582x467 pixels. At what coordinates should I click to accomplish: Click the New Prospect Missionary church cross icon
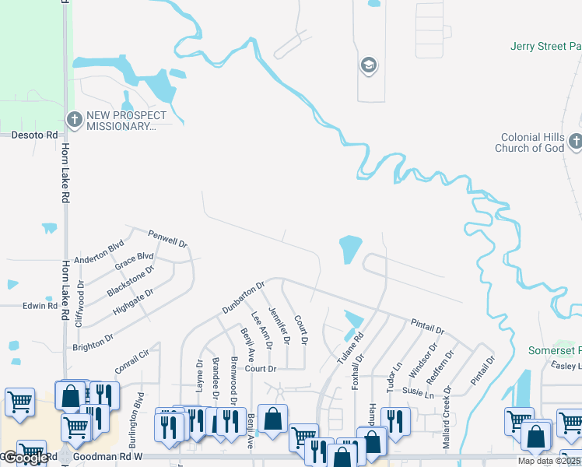[x=75, y=120]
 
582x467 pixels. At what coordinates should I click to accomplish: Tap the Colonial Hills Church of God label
[x=532, y=142]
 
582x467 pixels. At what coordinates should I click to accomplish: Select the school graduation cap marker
[x=369, y=65]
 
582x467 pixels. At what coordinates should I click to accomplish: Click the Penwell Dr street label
[x=167, y=239]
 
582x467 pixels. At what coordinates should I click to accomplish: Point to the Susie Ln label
[x=419, y=394]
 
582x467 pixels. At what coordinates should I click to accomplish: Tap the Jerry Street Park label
[x=545, y=47]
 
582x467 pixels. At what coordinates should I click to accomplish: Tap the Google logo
[x=26, y=458]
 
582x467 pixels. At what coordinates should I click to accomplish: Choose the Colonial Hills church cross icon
[x=575, y=142]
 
